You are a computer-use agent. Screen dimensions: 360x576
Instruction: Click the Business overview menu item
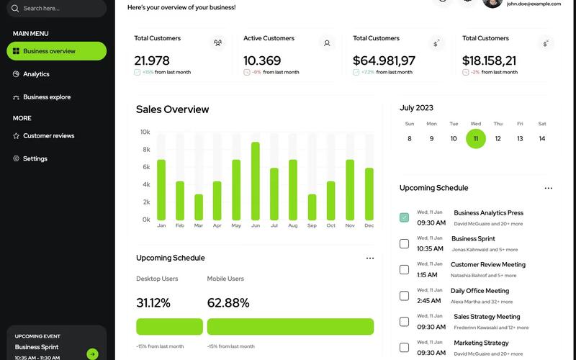pos(56,51)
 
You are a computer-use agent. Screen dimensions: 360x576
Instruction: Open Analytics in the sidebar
pos(36,74)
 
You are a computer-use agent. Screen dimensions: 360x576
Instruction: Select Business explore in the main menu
pos(47,97)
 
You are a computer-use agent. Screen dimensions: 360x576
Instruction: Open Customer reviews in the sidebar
pos(48,136)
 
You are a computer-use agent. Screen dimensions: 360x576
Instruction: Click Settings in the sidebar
pos(35,159)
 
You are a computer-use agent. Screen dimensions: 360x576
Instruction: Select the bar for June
pos(256,181)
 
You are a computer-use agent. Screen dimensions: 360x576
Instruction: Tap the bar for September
pos(312,207)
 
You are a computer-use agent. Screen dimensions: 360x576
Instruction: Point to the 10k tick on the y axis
pos(145,132)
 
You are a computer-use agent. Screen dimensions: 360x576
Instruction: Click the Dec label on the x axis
pos(369,226)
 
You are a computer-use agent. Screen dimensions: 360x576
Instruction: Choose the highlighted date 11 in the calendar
pos(476,139)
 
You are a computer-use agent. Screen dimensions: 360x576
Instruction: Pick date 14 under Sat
pos(542,139)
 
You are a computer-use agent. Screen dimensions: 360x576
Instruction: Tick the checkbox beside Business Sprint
pos(404,243)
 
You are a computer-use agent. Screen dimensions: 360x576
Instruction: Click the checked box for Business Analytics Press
pos(404,217)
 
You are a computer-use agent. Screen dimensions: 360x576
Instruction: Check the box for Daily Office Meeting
pos(404,296)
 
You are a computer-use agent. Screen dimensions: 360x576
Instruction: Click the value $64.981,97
pos(384,61)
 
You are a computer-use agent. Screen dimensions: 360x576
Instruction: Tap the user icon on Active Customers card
pos(327,43)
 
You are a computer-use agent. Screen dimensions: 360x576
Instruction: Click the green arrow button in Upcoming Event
pos(92,354)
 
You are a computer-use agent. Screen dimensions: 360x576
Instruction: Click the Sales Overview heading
pos(172,109)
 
